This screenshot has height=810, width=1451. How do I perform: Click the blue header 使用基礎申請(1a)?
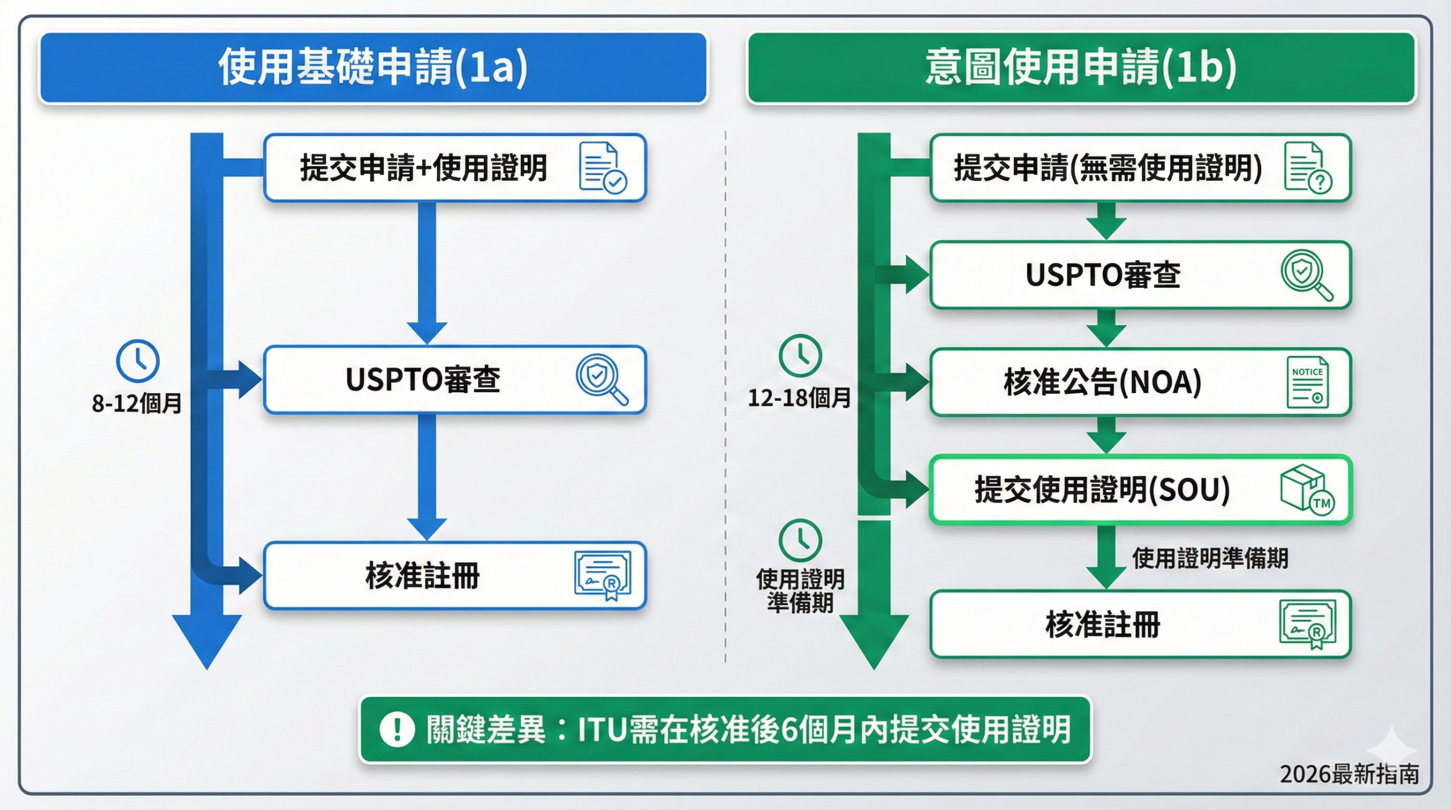pos(373,67)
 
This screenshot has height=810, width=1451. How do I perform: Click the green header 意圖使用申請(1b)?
pos(1080,67)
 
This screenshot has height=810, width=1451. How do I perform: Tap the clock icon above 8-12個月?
pos(138,361)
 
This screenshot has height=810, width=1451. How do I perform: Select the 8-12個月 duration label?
pos(137,404)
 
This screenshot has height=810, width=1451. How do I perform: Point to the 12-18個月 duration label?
pos(799,398)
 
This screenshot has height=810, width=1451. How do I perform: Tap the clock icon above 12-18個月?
pos(800,356)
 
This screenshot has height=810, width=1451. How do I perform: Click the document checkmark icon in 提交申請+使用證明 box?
pos(603,168)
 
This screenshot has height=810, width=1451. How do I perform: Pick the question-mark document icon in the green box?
pos(1308,168)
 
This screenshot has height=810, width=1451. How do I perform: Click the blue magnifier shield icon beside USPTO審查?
pos(601,379)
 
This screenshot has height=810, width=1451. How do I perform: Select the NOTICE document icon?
pos(1308,382)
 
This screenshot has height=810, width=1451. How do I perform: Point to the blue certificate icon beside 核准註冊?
pos(603,575)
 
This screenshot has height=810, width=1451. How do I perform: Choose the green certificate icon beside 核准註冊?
pos(1308,625)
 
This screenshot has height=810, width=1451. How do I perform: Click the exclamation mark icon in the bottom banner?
pos(397,729)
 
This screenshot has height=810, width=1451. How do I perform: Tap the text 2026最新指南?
pos(1349,774)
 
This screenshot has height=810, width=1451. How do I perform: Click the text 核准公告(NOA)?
pos(1102,382)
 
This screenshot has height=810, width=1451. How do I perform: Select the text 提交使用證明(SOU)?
pos(1102,490)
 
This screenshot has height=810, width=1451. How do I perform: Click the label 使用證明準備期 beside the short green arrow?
pos(1210,558)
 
